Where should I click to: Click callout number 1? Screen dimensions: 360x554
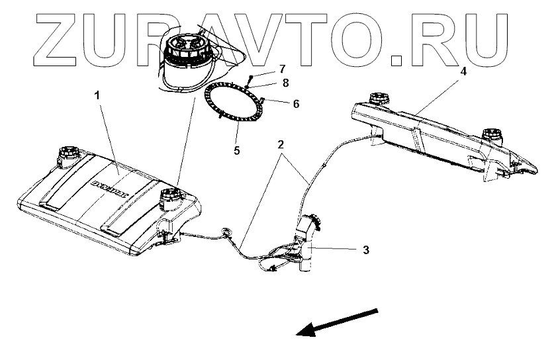97,97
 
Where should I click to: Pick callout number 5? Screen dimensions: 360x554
236,150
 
